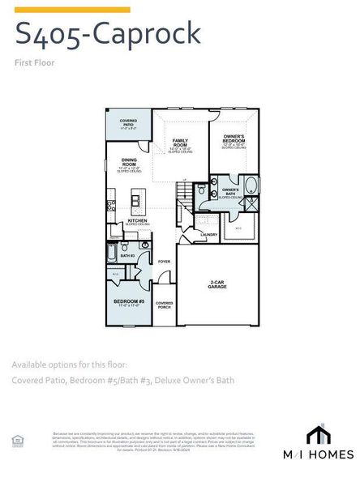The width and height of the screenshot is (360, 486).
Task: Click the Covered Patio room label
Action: (x=128, y=124)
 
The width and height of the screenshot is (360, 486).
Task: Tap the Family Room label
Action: (x=180, y=143)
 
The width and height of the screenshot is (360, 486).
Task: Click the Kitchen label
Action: (x=136, y=220)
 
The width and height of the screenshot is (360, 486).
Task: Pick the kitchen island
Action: (x=137, y=199)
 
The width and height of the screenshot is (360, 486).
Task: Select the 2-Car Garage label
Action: (x=217, y=284)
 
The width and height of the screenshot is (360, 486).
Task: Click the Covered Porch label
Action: (x=164, y=305)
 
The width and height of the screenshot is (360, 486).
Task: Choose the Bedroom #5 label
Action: (x=129, y=303)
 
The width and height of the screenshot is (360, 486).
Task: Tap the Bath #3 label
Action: (x=127, y=256)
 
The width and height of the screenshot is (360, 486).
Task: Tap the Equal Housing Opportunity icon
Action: (x=17, y=440)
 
